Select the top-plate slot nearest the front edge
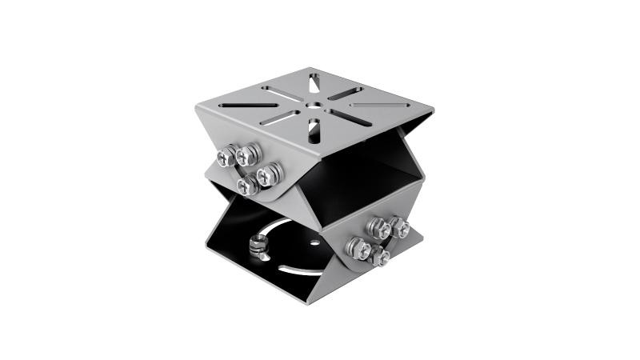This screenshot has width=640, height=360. [314, 128]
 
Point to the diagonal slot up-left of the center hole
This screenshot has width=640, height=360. [280, 93]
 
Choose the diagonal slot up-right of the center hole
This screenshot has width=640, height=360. [345, 93]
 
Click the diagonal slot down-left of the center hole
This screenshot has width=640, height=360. [279, 118]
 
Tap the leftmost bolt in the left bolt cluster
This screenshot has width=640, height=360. [226, 157]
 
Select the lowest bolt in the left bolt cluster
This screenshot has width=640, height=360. [246, 185]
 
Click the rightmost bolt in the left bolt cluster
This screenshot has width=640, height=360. [269, 171]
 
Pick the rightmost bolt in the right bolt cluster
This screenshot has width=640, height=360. [399, 227]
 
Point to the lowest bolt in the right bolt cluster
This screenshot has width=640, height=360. [380, 256]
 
